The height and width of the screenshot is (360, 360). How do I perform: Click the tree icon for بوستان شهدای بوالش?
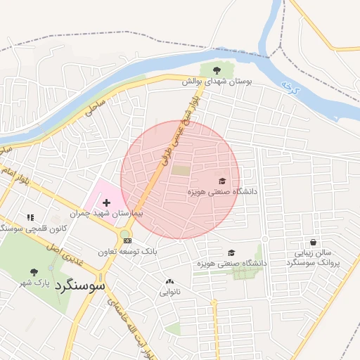[216, 70]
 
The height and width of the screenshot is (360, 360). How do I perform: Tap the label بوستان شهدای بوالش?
[217, 82]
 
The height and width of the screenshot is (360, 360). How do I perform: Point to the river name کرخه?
[287, 86]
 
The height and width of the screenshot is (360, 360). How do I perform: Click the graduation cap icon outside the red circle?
[231, 252]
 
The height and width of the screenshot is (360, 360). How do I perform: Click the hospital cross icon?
[106, 202]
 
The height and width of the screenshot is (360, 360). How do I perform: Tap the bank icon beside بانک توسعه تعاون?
[127, 240]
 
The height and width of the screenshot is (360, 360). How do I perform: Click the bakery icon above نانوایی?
[169, 281]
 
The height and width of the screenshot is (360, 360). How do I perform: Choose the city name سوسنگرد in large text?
[82, 285]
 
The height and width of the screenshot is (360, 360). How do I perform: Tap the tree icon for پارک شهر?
[34, 271]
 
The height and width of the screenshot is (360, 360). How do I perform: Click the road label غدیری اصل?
[71, 256]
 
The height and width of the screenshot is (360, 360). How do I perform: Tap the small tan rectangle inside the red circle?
[181, 170]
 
